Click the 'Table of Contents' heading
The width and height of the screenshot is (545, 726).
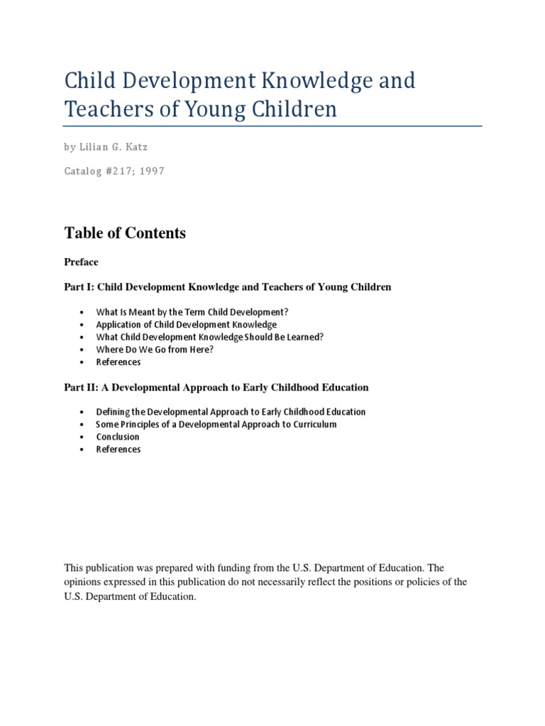click(x=125, y=233)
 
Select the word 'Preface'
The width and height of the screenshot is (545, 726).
click(x=82, y=262)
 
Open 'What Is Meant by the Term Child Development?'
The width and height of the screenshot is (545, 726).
click(x=192, y=312)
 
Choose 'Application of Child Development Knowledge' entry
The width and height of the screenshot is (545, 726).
click(x=186, y=325)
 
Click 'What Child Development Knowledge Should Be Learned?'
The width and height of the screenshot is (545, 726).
click(x=211, y=337)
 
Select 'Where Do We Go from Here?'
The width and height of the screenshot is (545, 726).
click(x=155, y=350)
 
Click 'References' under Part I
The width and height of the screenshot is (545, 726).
click(x=119, y=362)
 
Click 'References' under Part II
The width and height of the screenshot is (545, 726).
click(x=119, y=449)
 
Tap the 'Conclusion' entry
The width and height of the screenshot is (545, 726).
click(x=118, y=437)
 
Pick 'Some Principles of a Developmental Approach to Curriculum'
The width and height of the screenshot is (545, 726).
click(x=216, y=425)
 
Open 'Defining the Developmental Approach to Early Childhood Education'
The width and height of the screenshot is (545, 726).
click(x=231, y=412)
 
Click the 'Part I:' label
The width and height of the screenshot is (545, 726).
click(x=79, y=287)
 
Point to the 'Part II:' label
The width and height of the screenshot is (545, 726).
click(x=81, y=388)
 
